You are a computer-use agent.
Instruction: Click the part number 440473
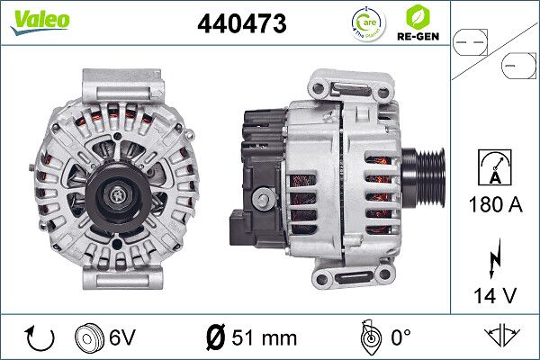pos(242,25)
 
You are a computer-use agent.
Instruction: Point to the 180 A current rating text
pos(495,204)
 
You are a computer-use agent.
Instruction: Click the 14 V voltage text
pos(495,293)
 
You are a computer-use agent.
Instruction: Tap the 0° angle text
pos(400,338)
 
